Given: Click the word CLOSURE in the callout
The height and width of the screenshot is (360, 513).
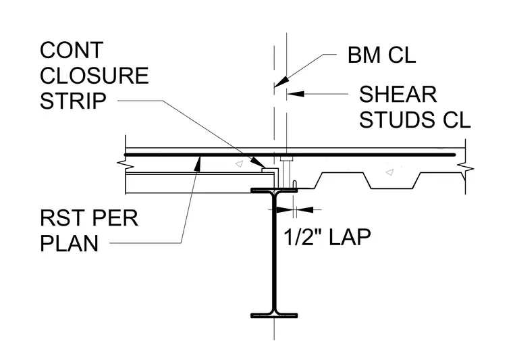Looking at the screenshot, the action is point(94,76).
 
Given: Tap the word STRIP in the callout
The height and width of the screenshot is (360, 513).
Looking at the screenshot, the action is point(73,101).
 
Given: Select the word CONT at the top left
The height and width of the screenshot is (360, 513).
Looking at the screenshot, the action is point(72,50).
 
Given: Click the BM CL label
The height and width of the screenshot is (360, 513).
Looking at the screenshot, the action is point(381,55).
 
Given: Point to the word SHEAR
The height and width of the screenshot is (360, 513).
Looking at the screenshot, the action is point(398,95).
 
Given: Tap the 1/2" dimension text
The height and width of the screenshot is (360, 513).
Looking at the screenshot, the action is point(302,236).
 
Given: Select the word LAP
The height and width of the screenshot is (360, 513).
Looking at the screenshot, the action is point(350,236).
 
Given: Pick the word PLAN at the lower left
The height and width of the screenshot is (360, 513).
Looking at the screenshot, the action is point(69,243).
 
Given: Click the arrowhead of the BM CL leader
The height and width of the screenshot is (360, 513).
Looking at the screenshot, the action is point(281,82).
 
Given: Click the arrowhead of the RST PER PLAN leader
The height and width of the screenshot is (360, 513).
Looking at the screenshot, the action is point(198,163).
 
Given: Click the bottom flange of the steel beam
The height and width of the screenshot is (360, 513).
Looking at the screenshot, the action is point(274,315).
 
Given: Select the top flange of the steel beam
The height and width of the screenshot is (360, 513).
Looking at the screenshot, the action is point(274,190).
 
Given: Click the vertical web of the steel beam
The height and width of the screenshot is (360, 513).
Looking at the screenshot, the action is point(274,253).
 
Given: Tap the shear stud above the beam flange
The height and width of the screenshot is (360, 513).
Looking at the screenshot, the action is point(286,172).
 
